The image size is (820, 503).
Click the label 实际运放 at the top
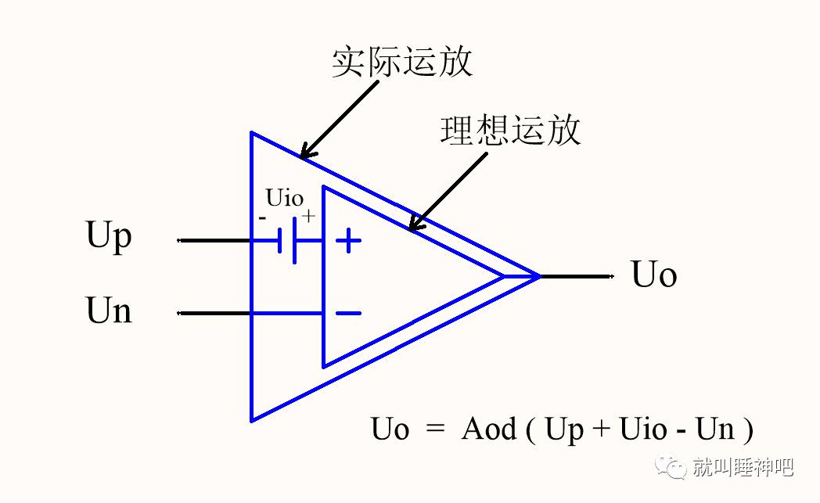pos(401,62)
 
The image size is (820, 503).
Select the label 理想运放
pos(510,130)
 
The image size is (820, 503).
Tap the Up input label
pos(109,236)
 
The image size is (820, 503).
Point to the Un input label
pos(109,311)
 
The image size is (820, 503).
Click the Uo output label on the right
pos(654,275)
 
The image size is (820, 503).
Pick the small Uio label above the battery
pos(284,196)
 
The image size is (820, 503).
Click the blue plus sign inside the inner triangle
pos(348,241)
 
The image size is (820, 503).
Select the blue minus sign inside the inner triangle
pos(348,314)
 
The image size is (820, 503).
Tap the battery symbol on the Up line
pos(287,241)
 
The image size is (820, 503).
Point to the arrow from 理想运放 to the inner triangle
pos(448,191)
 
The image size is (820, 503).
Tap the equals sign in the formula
pos(435,429)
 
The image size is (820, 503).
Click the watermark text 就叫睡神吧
pos(743,468)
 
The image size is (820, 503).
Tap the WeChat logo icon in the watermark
pos(674,468)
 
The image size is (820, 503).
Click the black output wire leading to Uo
pos(575,276)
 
